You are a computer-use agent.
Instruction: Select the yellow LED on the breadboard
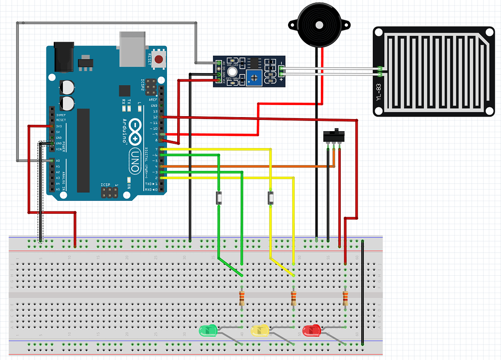259,331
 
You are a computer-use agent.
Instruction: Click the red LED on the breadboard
311,331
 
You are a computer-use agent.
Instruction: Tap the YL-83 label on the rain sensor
380,95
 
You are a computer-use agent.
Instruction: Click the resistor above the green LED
242,298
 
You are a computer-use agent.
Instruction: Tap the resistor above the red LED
345,298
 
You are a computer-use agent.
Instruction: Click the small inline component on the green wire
219,198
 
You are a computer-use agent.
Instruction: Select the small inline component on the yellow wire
270,198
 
